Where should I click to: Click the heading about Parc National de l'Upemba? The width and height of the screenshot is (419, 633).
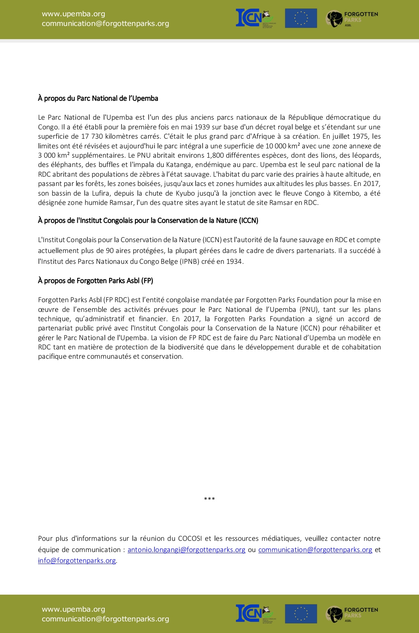98,98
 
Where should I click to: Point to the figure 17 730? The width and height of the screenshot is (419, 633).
92,136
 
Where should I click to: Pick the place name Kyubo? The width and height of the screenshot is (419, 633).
185,193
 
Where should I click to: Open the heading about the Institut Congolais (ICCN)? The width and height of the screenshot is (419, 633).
148,220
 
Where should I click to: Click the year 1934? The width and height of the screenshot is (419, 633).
234,261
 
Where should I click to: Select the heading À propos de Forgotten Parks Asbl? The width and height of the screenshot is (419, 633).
95,280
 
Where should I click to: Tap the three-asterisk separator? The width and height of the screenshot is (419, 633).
209,499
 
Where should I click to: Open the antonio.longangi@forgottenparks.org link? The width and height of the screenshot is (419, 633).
186,550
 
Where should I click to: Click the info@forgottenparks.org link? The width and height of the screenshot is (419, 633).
77,561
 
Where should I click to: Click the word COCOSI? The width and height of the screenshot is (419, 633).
190,538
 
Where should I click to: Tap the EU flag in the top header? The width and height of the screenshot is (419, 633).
301,18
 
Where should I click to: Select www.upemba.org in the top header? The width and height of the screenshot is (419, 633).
73,14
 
